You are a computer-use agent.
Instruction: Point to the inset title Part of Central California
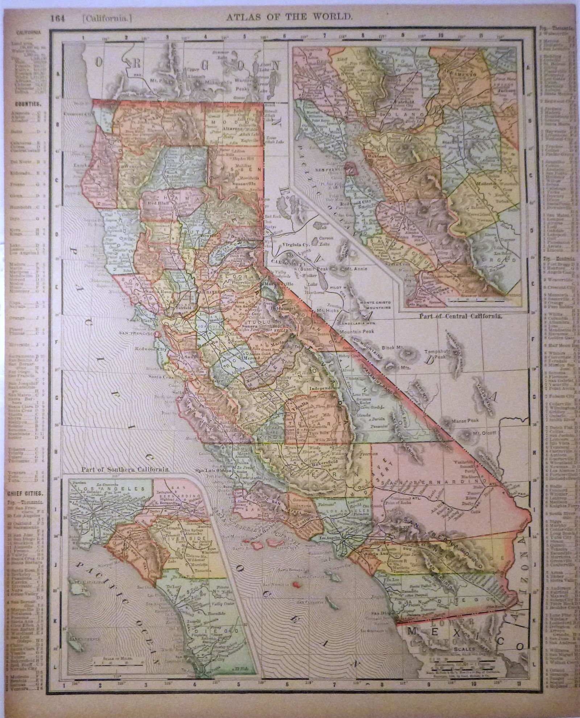tap(460, 316)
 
